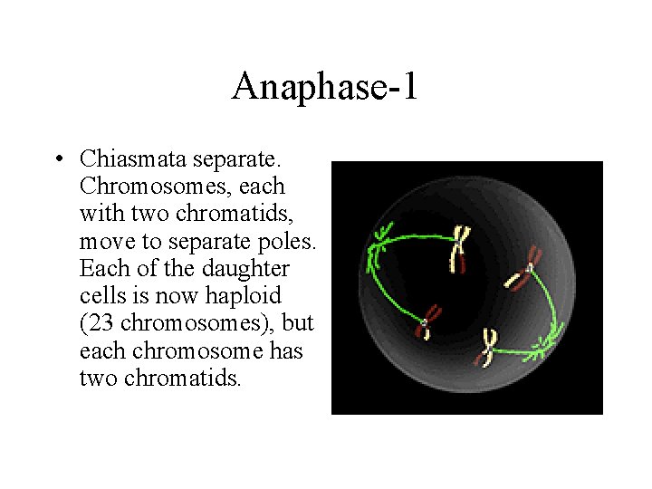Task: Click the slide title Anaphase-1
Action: coord(324,87)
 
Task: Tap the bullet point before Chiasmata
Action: coord(57,159)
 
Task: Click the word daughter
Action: coord(244,269)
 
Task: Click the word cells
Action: coord(100,296)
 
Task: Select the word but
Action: coord(295,323)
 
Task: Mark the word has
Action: coord(286,350)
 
